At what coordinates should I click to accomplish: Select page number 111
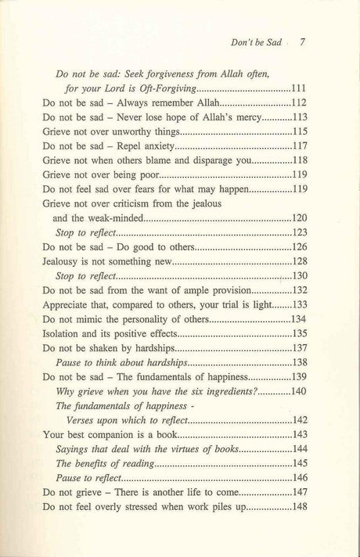303,88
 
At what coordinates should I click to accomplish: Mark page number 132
303,289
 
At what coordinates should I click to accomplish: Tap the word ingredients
222,390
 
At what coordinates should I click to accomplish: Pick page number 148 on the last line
303,506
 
